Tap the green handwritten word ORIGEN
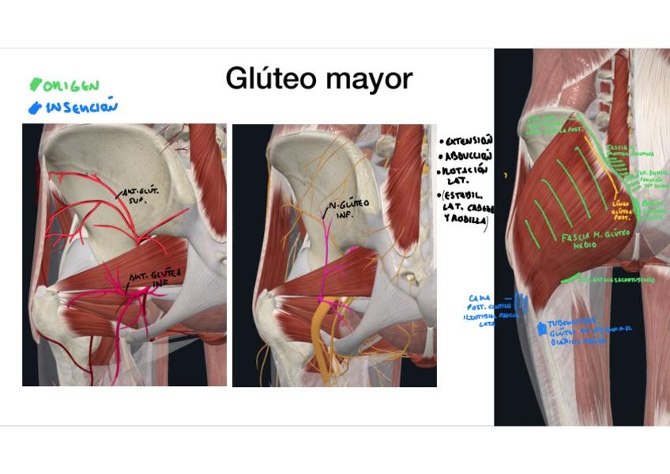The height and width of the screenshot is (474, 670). (x=70, y=85)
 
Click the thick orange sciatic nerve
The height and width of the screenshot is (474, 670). (x=321, y=340)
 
